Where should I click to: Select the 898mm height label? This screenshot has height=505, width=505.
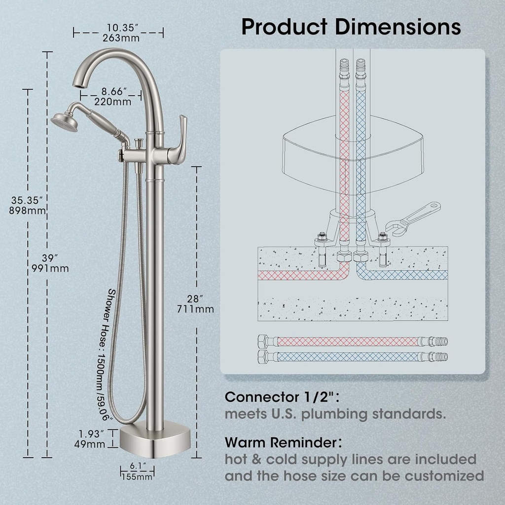tap(29, 211)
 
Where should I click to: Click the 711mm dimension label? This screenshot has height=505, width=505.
tap(195, 309)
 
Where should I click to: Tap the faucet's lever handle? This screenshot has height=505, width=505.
tap(178, 140)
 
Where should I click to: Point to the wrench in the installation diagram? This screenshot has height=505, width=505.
tap(417, 217)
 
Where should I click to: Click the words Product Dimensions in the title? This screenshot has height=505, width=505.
tap(351, 27)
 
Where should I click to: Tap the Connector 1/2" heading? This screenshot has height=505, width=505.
tap(283, 397)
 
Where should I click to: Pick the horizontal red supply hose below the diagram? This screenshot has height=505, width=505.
tap(353, 341)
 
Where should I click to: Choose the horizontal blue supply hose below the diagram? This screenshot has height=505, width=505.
tap(353, 356)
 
